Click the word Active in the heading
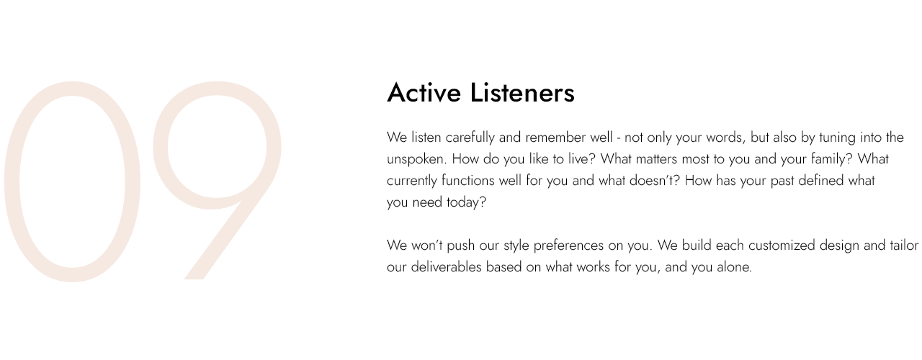click(424, 93)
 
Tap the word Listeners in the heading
click(522, 93)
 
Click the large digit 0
click(72, 181)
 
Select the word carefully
click(470, 138)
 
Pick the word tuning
click(838, 138)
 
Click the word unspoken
click(416, 160)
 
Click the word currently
click(411, 181)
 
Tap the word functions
click(468, 181)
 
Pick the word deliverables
click(446, 267)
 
